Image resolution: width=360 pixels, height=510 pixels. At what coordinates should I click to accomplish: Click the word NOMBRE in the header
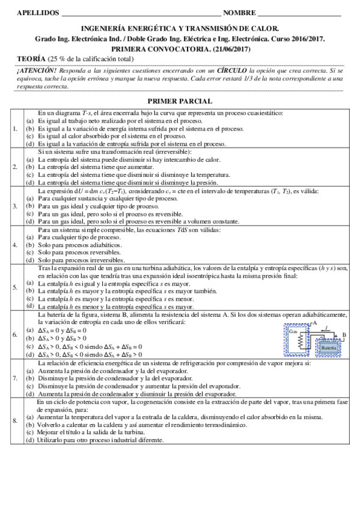click(239, 12)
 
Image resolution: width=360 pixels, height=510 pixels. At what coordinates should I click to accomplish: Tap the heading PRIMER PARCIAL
click(180, 102)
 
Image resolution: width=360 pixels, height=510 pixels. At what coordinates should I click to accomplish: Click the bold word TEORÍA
click(31, 58)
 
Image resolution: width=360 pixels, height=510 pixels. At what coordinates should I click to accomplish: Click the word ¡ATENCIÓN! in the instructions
click(35, 70)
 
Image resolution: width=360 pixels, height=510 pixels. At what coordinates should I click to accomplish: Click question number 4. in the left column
click(15, 245)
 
